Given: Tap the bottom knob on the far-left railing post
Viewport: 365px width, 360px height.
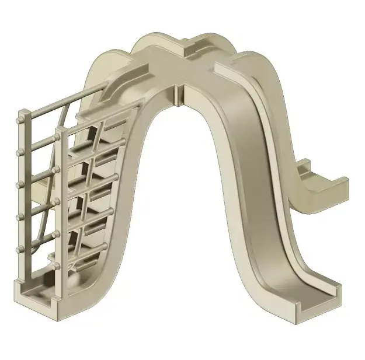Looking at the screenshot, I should [x=20, y=249].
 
